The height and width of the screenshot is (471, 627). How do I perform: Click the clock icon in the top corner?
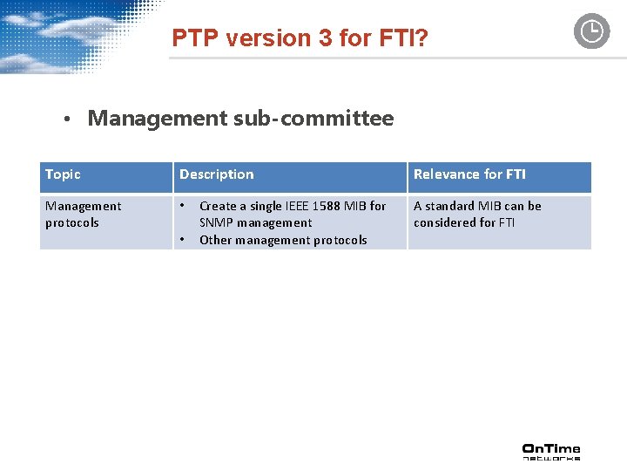tap(591, 31)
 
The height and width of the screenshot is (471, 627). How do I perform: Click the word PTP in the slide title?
tap(193, 38)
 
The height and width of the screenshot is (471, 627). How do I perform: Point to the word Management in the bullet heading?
tap(158, 119)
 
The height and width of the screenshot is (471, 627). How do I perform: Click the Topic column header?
tap(63, 174)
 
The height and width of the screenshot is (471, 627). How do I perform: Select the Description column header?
tap(217, 174)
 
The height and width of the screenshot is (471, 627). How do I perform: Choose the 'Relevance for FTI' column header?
tap(469, 174)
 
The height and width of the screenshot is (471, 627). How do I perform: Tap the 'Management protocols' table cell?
tap(83, 215)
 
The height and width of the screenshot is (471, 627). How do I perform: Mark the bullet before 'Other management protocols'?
tap(183, 240)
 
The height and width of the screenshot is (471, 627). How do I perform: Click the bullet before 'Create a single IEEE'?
tap(183, 206)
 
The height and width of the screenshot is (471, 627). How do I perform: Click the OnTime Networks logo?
tap(550, 451)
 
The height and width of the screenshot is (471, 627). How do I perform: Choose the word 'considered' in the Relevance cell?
tap(444, 222)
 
